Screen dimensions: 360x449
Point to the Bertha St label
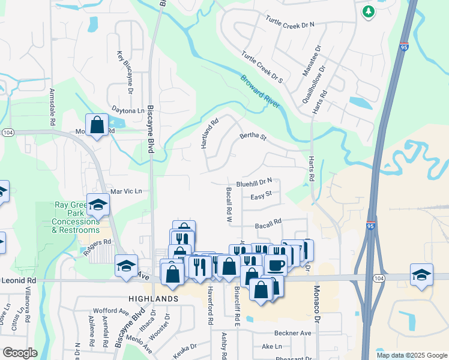pos(253,137)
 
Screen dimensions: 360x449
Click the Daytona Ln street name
pos(128,110)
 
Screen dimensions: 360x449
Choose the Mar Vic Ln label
pos(125,191)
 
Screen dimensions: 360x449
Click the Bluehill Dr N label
pos(254,181)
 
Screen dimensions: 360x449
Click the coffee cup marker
pos(276,265)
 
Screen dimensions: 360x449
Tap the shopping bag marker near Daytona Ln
pos(97,125)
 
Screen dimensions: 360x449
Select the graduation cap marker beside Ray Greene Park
pos(98,205)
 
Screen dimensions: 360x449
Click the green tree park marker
pos(368,11)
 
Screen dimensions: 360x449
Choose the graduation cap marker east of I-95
pos(421,275)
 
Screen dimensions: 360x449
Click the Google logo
pos(20,353)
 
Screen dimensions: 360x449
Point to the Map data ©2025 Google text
pos(411,355)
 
